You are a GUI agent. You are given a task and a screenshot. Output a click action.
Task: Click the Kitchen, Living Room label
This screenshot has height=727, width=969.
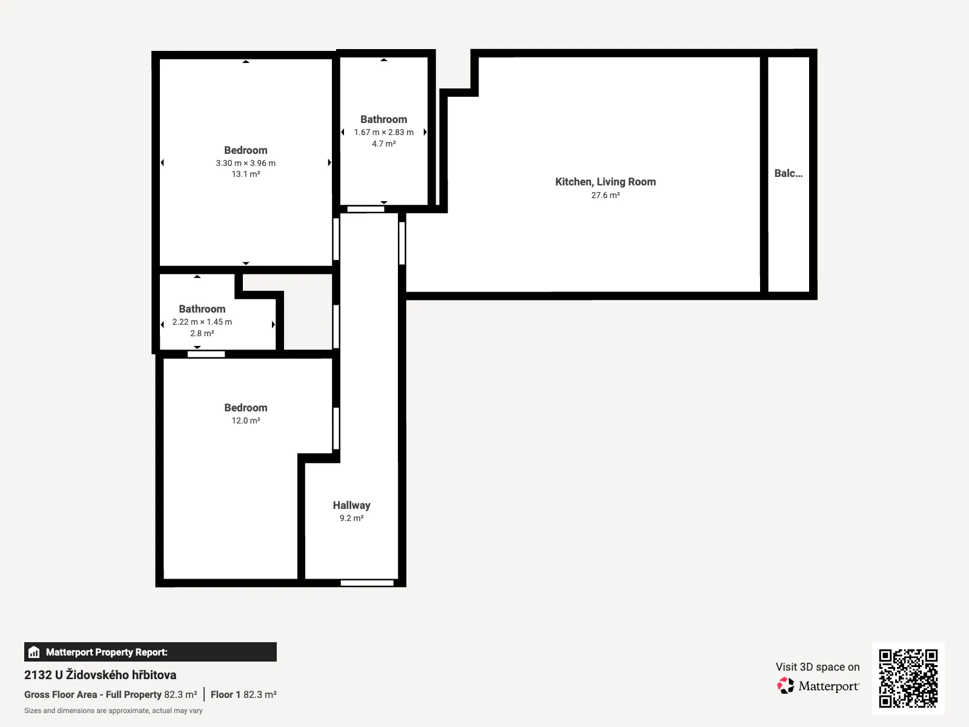(605, 182)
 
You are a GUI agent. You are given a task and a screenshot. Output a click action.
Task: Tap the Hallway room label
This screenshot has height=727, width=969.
(351, 505)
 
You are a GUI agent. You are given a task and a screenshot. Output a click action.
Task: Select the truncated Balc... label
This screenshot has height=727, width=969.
(789, 173)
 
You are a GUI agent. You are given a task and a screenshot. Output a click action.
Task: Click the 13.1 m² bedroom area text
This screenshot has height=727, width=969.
(246, 174)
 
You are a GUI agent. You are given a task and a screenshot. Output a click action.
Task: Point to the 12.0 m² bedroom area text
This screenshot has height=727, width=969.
(246, 420)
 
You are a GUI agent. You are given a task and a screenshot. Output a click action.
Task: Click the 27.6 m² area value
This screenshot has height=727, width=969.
(606, 195)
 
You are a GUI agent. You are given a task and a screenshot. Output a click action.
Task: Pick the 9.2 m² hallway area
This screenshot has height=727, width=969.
(351, 518)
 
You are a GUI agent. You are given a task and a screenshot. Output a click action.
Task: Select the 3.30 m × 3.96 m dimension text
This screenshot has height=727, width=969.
(246, 163)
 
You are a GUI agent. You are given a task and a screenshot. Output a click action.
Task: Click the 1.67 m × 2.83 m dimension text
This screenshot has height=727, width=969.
(383, 133)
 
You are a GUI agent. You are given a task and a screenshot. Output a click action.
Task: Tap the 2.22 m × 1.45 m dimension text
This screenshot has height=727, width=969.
(202, 322)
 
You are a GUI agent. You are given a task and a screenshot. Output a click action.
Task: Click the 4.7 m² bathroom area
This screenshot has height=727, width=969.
(383, 144)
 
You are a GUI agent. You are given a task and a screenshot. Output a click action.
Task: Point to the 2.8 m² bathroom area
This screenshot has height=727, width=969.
(202, 333)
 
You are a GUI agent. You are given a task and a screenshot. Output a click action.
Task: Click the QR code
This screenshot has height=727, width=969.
(908, 678)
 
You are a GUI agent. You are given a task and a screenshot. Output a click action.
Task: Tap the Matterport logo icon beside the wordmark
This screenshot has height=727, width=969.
(785, 686)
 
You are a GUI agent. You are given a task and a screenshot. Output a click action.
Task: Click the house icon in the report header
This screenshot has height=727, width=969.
(34, 652)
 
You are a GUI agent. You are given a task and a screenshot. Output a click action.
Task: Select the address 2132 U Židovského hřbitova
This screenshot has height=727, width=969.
(100, 674)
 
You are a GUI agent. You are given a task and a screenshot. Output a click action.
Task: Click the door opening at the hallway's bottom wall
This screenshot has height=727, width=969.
(367, 583)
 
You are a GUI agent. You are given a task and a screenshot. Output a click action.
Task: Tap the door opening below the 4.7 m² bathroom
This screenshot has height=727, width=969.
(366, 209)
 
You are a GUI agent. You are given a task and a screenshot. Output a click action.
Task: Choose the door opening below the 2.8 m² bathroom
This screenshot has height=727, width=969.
(206, 354)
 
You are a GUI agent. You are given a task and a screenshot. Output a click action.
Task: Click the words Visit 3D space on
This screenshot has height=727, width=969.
(818, 667)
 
